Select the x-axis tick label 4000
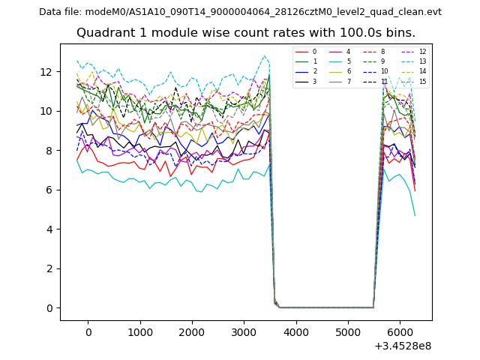[295, 331]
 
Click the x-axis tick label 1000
[139, 331]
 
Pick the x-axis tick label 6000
[400, 331]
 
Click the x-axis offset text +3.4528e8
[401, 346]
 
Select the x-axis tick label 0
[88, 331]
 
